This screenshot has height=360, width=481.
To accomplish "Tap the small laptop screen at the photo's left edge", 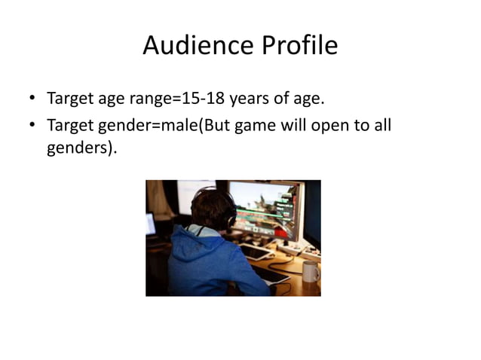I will pyautogui.click(x=150, y=224).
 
